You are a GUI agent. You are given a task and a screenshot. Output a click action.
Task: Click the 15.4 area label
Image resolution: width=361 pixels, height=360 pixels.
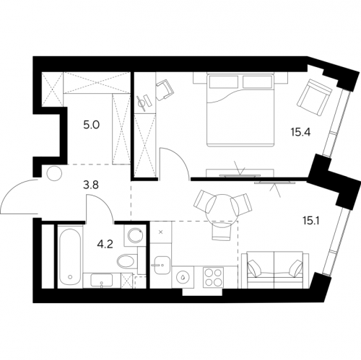click(x=300, y=132)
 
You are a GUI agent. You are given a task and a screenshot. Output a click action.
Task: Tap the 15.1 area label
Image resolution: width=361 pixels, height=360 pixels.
click(x=311, y=221)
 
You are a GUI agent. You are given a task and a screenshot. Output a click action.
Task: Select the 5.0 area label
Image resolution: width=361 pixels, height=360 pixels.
click(x=92, y=126)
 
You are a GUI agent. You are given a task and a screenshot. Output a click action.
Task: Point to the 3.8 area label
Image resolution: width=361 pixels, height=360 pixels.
click(x=92, y=185)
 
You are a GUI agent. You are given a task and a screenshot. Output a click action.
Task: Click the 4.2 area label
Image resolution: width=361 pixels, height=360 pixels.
click(x=105, y=245)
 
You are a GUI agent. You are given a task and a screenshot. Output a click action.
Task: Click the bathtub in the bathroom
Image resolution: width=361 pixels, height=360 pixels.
click(x=70, y=256)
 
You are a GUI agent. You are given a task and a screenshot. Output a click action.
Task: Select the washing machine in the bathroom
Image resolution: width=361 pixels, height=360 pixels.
click(x=136, y=235)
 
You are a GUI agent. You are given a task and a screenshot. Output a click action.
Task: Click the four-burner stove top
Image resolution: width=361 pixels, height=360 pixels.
click(x=212, y=277)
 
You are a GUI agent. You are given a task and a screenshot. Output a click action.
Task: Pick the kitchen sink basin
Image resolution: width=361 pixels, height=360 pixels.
click(x=162, y=265)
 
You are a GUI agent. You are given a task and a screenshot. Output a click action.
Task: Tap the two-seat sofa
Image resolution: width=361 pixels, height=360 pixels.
click(x=275, y=270)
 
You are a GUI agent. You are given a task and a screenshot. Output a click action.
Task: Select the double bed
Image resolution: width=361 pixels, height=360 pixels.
click(x=240, y=110)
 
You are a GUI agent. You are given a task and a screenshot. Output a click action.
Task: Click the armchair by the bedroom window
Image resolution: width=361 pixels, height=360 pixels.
click(x=315, y=97)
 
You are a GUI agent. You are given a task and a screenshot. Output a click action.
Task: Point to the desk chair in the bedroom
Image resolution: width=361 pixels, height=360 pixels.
click(x=165, y=89)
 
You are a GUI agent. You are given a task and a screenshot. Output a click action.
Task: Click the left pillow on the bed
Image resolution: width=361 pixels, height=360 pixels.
click(x=222, y=82)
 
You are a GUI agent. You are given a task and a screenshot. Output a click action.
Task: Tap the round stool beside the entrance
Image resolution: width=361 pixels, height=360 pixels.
click(x=54, y=173)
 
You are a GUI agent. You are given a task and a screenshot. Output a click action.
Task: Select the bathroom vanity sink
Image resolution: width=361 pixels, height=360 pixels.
click(x=101, y=280)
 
